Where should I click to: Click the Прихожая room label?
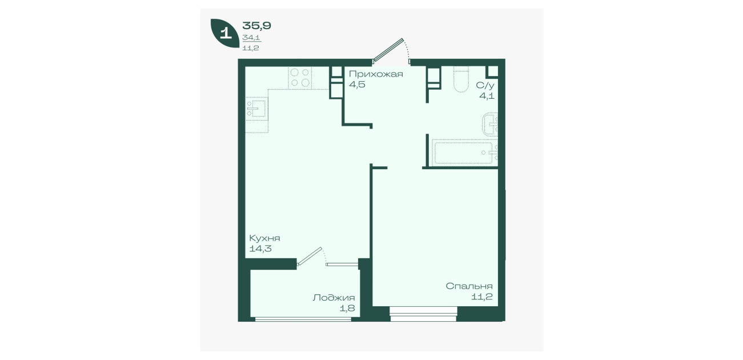click(x=376, y=74)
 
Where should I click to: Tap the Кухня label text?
click(x=264, y=238)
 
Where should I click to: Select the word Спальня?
click(x=469, y=286)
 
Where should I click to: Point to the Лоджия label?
click(x=334, y=298)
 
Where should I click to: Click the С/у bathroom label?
click(x=485, y=86)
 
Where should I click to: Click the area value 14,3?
click(x=260, y=249)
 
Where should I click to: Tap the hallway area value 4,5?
click(x=358, y=84)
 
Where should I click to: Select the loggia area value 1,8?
click(x=347, y=308)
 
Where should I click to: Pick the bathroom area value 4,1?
click(x=487, y=96)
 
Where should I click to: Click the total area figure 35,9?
click(x=256, y=26)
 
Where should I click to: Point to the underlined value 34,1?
click(x=251, y=38)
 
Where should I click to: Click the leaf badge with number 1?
click(x=225, y=33)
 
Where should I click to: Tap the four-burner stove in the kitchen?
click(x=300, y=78)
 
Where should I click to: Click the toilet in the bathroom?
click(x=461, y=79)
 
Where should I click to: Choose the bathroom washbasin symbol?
click(x=490, y=125)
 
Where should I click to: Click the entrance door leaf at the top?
click(x=388, y=50)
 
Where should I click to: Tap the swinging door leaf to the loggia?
click(x=309, y=257)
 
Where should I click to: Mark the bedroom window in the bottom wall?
click(x=423, y=314)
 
